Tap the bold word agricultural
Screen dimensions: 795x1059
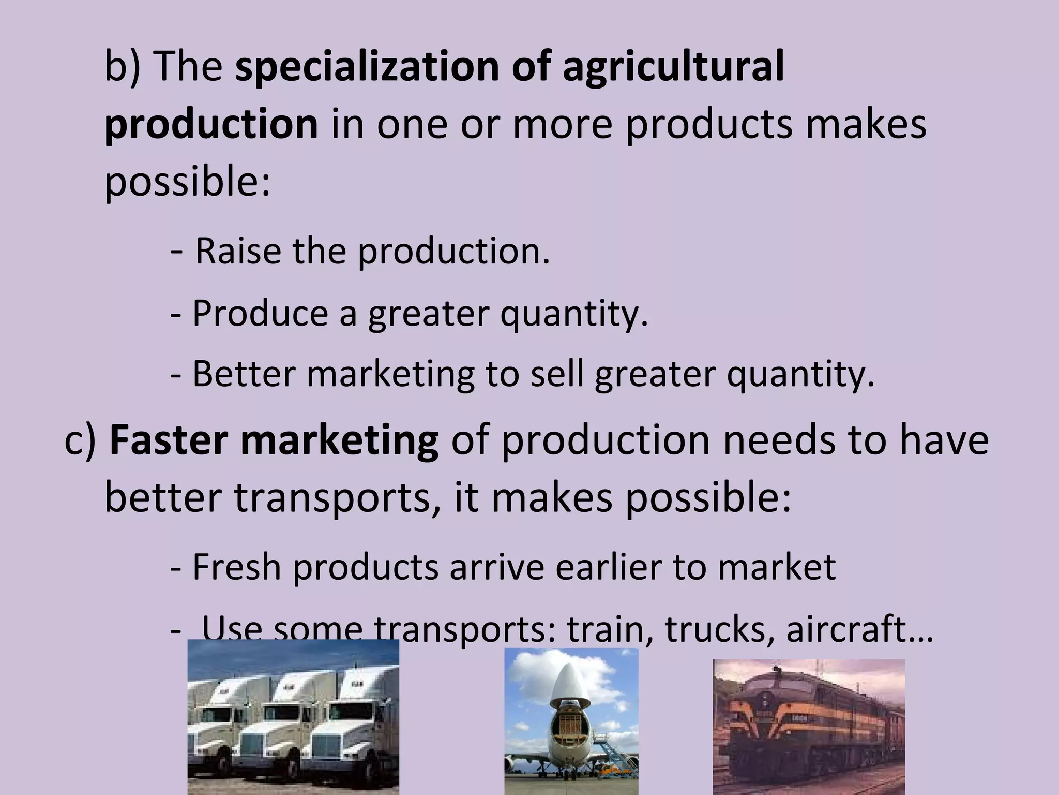point(673,67)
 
